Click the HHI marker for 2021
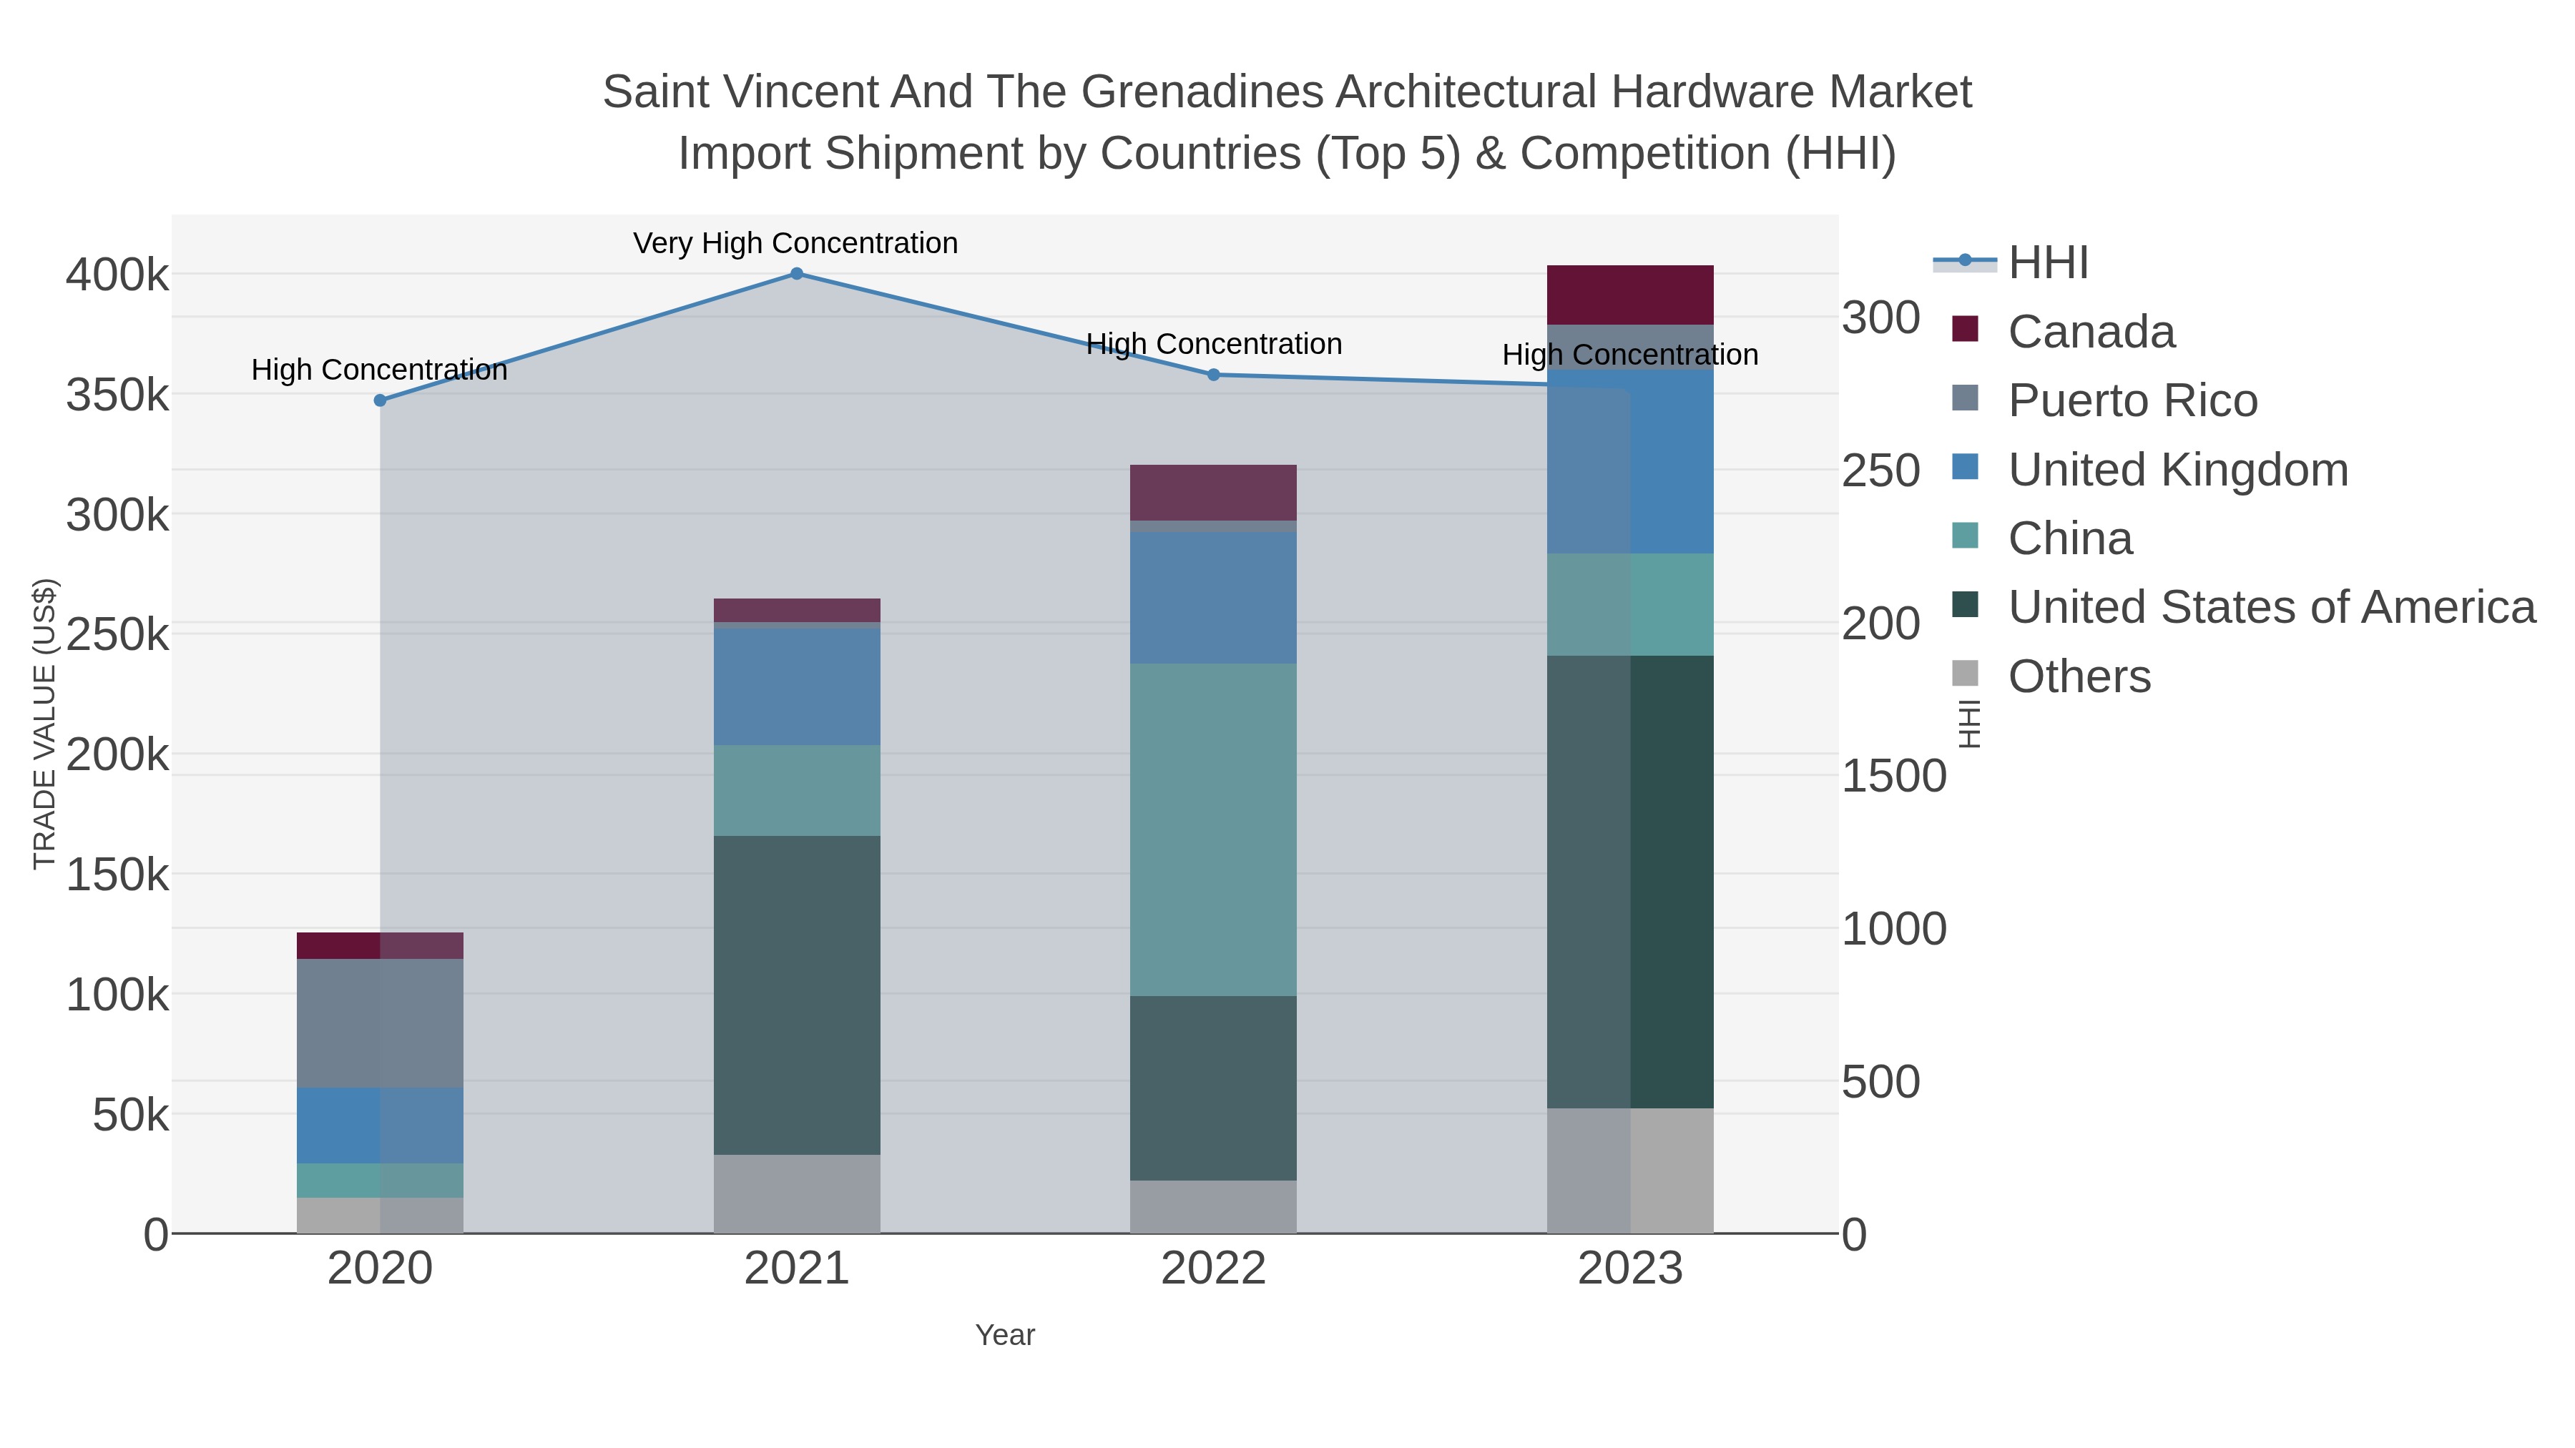pos(797,274)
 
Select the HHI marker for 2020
pos(380,400)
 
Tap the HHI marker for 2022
pos(1214,375)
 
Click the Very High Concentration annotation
pos(795,243)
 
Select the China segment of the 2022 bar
pos(1214,829)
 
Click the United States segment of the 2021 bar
pos(797,995)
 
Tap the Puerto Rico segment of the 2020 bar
pos(380,1023)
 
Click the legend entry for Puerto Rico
pos(2132,400)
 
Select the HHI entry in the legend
pos(2049,263)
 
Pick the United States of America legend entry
pos(2271,608)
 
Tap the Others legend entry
pos(2079,676)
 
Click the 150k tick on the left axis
pos(118,875)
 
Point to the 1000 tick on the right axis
pos(1893,930)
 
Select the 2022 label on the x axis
pos(1214,1269)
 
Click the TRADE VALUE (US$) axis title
pos(45,724)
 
